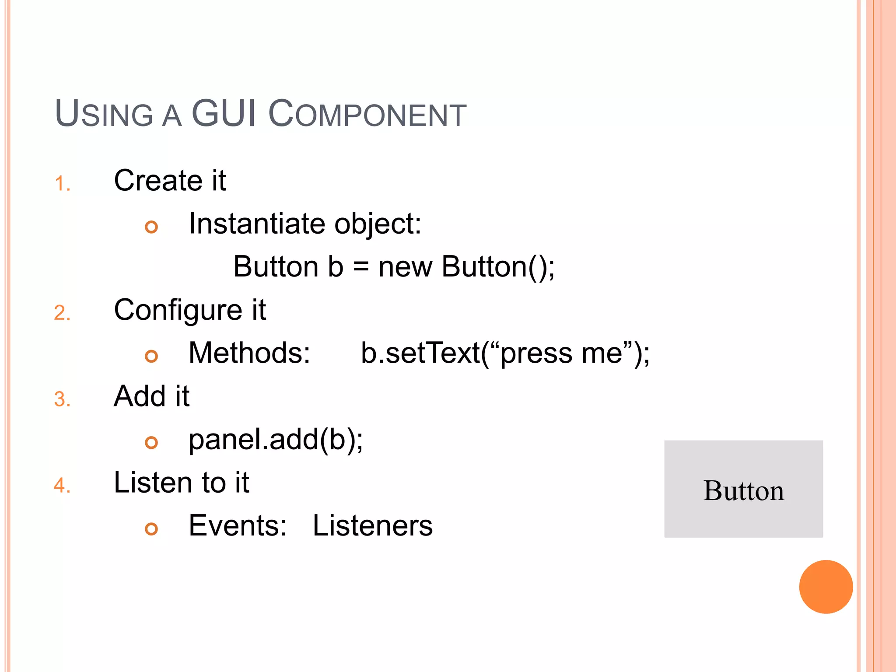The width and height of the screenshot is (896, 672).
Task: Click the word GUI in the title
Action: pyautogui.click(x=224, y=113)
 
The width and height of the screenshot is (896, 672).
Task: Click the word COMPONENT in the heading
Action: pyautogui.click(x=367, y=114)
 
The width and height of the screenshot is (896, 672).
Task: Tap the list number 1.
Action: pyautogui.click(x=62, y=184)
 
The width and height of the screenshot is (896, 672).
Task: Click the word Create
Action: pyautogui.click(x=157, y=180)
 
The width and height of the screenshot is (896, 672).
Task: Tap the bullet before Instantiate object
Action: pyautogui.click(x=151, y=227)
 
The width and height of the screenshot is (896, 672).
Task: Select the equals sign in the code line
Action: pyautogui.click(x=361, y=267)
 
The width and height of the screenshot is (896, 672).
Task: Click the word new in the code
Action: pyautogui.click(x=405, y=267)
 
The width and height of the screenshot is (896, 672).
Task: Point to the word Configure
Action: pyautogui.click(x=178, y=310)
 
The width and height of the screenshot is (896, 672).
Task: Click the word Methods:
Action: pyautogui.click(x=249, y=353)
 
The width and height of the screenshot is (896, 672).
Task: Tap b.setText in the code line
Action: pyautogui.click(x=420, y=353)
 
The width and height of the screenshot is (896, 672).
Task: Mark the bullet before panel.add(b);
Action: pyautogui.click(x=151, y=443)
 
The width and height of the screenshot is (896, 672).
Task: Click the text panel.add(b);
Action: pyautogui.click(x=276, y=439)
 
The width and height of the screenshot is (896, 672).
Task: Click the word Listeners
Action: pyautogui.click(x=372, y=525)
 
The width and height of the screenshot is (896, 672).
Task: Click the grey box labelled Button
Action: pyautogui.click(x=743, y=489)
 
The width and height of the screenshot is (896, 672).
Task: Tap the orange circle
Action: pyautogui.click(x=826, y=587)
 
